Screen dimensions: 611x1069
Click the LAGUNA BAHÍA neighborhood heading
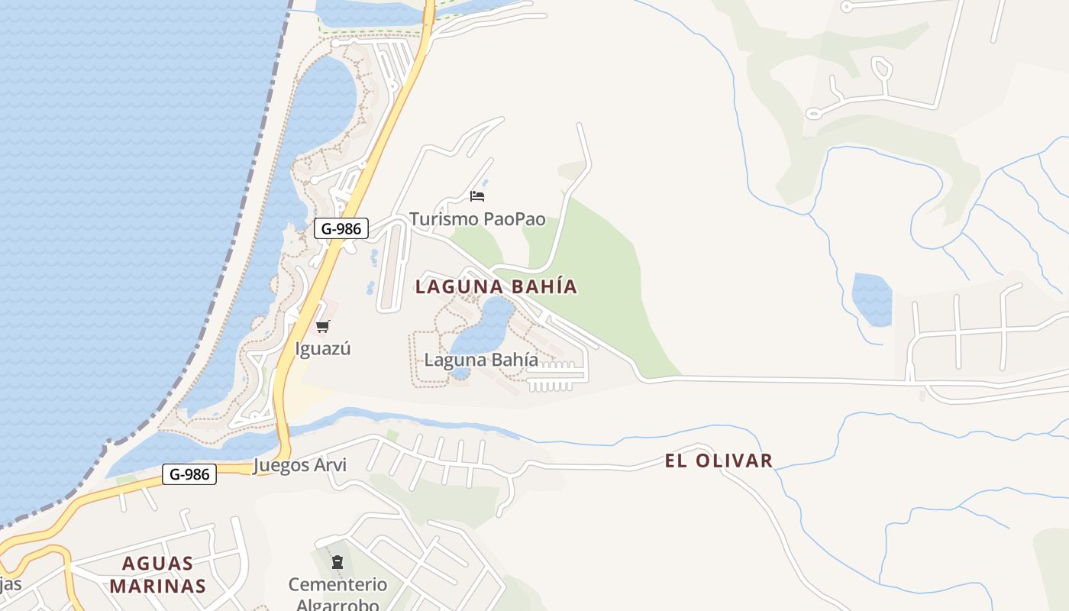point(496,287)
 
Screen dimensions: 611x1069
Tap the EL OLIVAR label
point(719,461)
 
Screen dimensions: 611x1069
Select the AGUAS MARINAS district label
point(158,574)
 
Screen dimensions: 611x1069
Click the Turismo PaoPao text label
point(477,219)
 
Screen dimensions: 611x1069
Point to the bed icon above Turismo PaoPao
point(477,196)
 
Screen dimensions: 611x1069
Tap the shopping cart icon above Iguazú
point(322,327)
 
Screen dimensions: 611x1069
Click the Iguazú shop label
point(323,349)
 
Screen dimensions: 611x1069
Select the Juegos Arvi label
point(299,465)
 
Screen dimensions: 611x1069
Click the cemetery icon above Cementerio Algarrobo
point(337,563)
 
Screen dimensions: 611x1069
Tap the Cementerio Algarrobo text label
point(337,594)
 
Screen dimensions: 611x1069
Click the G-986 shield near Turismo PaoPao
point(341,228)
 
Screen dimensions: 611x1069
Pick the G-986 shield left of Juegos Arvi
point(189,474)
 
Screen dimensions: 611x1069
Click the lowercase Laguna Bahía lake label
point(481,360)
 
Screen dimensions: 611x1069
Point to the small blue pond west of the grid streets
point(871,299)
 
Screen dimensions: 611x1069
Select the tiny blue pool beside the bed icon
point(485,183)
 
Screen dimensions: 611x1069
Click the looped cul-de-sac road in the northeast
point(881,70)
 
